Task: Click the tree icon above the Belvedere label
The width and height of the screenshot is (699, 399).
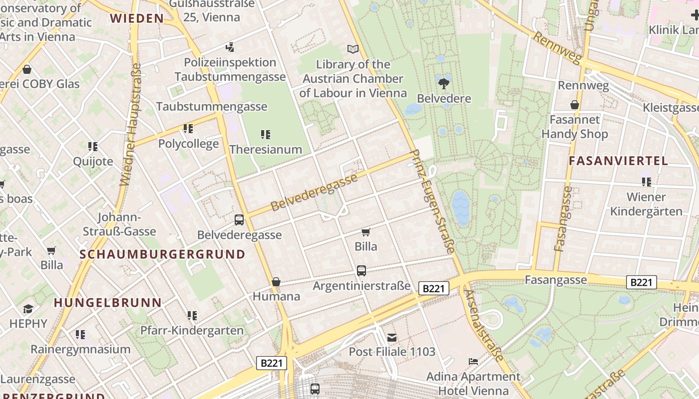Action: coord(443,83)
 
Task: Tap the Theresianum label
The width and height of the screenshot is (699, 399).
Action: coord(266,149)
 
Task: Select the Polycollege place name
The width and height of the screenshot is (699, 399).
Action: coord(188,144)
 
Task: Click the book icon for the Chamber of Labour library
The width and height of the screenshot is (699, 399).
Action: coord(353,49)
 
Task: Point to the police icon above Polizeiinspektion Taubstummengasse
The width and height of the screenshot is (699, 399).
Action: coord(230,47)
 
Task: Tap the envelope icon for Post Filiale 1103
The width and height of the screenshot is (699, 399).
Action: coord(392,338)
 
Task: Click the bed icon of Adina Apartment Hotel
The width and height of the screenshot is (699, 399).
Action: coord(473,361)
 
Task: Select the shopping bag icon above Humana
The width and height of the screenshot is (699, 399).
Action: coord(276,282)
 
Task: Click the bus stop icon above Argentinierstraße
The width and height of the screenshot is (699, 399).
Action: coord(361,271)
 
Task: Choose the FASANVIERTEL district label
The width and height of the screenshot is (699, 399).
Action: coord(618,161)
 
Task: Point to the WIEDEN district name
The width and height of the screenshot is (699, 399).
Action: coord(137,18)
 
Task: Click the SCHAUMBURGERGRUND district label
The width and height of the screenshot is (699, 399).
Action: coord(163,254)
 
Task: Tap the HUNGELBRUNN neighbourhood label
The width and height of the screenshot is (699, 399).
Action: coord(108,303)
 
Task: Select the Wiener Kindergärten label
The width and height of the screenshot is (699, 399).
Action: coord(646,204)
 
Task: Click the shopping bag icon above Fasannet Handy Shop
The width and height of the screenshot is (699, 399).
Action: coord(575,105)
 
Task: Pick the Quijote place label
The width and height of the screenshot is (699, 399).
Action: coord(93,161)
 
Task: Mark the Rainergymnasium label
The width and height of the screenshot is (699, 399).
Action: coord(80,349)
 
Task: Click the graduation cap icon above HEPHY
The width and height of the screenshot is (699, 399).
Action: coord(28,309)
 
